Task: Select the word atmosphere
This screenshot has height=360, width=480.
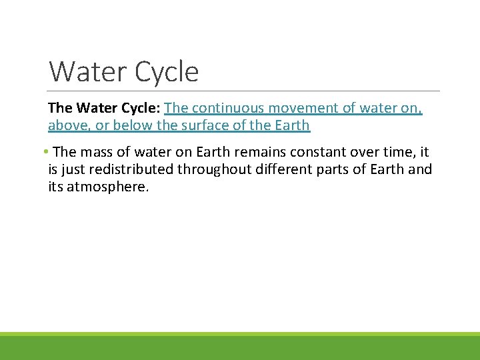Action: coord(106,187)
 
